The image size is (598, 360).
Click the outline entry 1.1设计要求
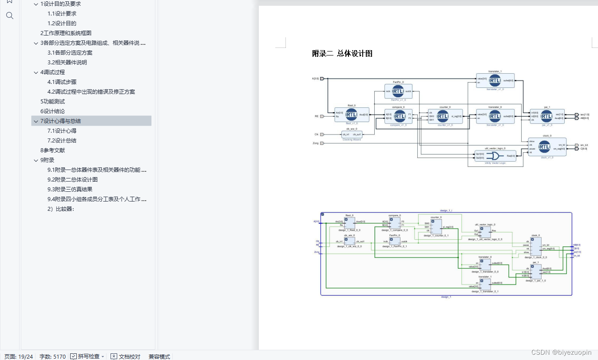(x=62, y=14)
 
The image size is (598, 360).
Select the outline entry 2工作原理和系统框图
(x=66, y=33)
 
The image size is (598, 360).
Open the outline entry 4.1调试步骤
(x=62, y=82)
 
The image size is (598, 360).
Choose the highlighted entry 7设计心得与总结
(x=60, y=121)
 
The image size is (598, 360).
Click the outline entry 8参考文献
(x=52, y=150)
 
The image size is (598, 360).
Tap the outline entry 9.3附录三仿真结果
(x=70, y=190)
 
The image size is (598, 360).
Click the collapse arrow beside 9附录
(x=36, y=160)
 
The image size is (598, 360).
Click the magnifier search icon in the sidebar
(x=10, y=16)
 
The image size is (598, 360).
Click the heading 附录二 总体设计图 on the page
(x=342, y=54)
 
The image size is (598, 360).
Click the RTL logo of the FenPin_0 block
(x=398, y=91)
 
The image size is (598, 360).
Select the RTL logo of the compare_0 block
(x=400, y=116)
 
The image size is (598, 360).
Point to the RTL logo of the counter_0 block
(x=443, y=116)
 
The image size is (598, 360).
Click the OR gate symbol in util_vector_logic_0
(x=492, y=156)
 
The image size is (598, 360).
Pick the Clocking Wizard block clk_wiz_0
(x=352, y=135)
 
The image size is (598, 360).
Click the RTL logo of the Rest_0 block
(x=351, y=115)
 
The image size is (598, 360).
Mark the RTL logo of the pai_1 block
(x=546, y=117)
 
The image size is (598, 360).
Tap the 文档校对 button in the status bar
(x=126, y=356)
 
